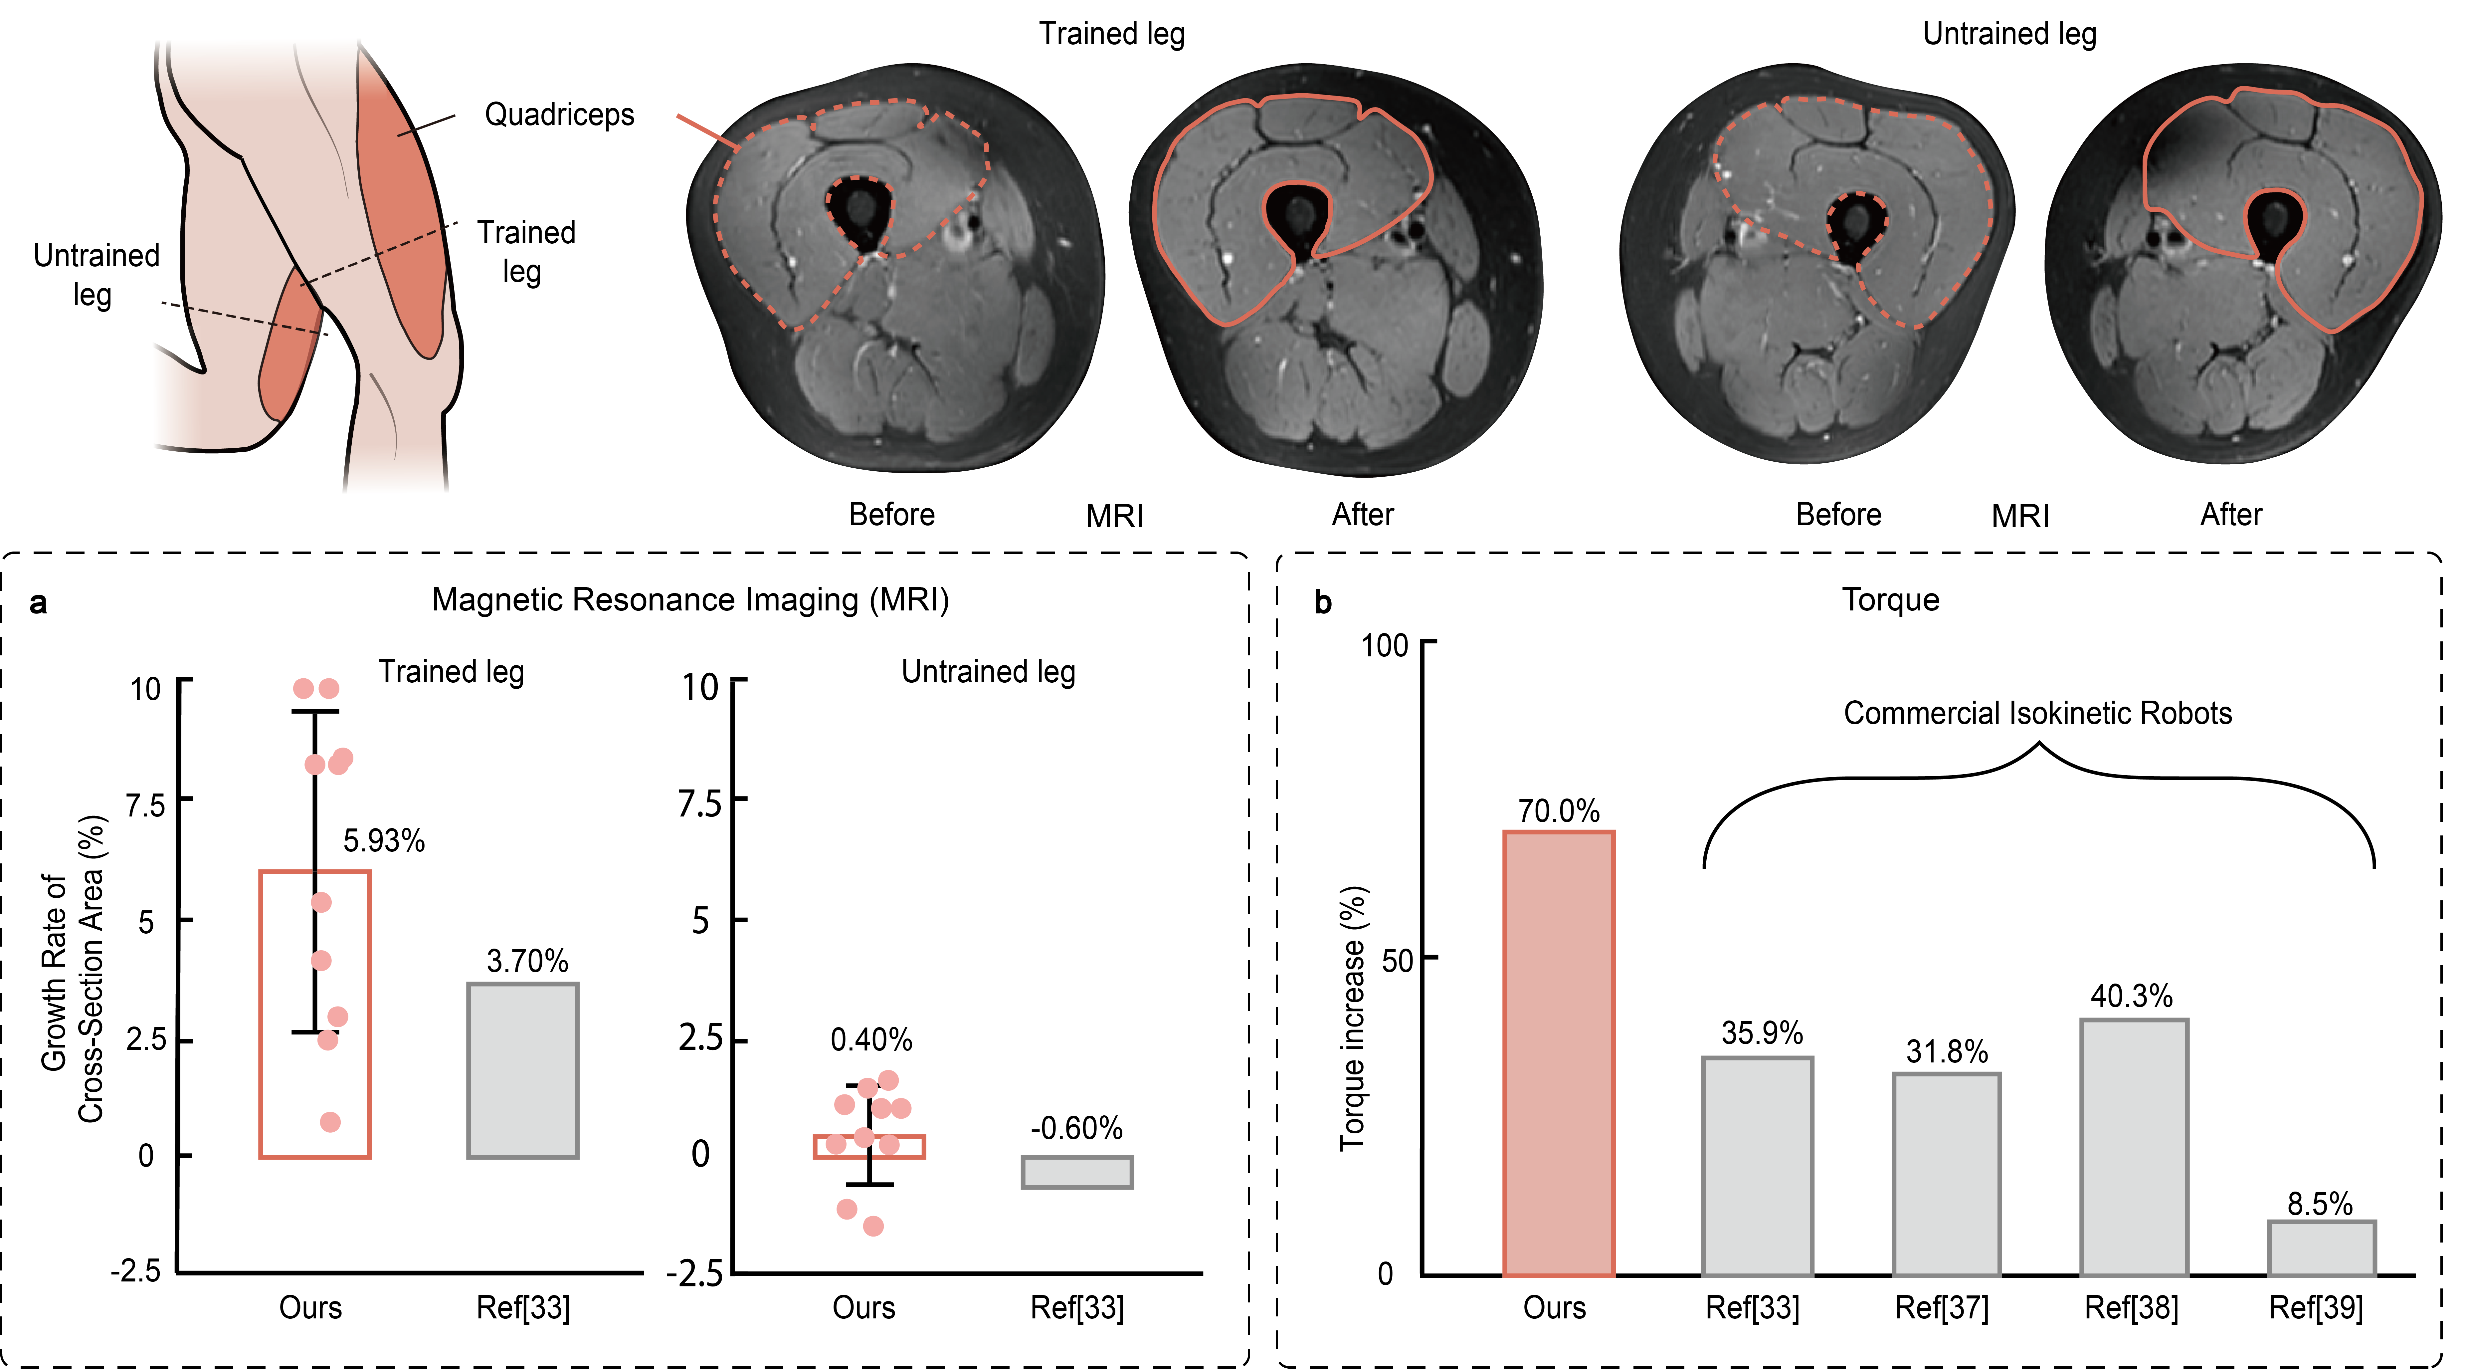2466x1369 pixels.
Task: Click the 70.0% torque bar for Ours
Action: point(1559,1053)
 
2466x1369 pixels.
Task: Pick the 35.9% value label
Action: point(1762,1033)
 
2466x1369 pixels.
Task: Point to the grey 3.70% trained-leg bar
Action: point(523,1070)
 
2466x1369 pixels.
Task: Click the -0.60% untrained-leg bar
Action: point(1077,1172)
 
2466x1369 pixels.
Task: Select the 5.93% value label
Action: point(384,840)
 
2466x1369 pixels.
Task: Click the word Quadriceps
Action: point(559,115)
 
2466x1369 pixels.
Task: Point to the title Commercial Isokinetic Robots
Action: point(2037,713)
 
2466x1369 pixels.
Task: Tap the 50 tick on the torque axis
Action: point(1397,959)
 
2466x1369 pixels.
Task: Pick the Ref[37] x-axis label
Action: point(1941,1308)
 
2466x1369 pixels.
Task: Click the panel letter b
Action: point(1323,603)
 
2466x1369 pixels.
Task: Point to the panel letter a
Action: point(38,603)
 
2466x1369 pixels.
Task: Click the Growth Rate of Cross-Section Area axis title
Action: point(73,969)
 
